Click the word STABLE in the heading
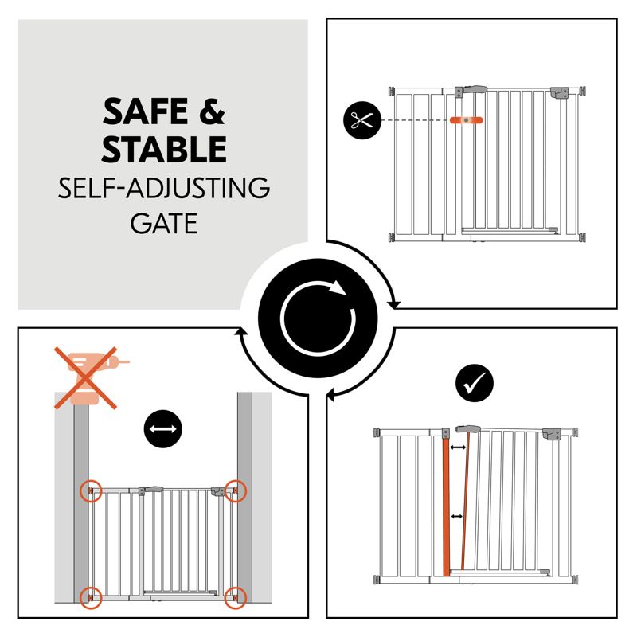point(164,149)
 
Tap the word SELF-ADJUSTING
point(164,188)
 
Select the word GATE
point(164,223)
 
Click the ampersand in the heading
point(212,111)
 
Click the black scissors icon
point(362,120)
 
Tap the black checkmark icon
point(474,383)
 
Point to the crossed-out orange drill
point(92,377)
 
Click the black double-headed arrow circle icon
point(163,429)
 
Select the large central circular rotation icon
point(318,318)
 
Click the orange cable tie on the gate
point(466,120)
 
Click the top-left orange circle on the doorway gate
point(91,491)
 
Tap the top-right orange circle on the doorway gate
point(236,490)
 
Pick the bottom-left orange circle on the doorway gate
point(91,598)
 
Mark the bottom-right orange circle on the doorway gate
point(236,598)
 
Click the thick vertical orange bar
point(446,506)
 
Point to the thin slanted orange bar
point(466,501)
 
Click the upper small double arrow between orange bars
point(459,447)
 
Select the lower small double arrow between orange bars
point(456,516)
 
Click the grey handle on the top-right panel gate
point(475,89)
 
